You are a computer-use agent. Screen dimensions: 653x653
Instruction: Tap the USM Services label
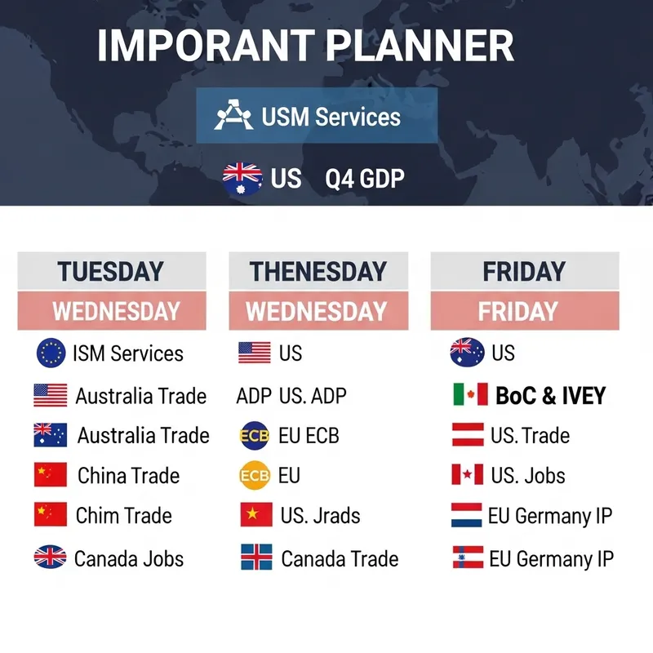click(331, 116)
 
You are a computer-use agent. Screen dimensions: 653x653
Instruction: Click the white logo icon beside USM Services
click(233, 116)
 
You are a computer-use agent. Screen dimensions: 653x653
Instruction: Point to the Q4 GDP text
click(364, 178)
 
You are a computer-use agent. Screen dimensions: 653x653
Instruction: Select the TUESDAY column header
click(110, 272)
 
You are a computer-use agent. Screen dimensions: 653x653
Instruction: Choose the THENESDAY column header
click(317, 272)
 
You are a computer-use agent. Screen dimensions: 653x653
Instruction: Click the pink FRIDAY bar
click(518, 311)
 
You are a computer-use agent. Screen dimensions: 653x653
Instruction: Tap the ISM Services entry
click(128, 353)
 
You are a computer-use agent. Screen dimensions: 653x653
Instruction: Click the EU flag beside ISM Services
click(51, 353)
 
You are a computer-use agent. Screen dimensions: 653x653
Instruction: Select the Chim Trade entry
click(124, 516)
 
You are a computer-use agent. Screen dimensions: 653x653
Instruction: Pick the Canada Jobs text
click(129, 559)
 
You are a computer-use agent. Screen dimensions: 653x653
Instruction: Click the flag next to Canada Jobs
click(51, 558)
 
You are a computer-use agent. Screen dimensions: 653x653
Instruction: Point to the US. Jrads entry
click(320, 516)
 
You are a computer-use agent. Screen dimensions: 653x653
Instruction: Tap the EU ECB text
click(308, 435)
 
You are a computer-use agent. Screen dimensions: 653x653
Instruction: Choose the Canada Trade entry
click(340, 559)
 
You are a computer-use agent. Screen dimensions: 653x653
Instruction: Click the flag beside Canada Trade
click(256, 558)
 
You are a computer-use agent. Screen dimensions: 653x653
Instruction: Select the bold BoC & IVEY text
click(550, 396)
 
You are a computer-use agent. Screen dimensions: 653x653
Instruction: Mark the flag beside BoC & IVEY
click(470, 395)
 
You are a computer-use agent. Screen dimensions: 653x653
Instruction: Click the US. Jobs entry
click(528, 475)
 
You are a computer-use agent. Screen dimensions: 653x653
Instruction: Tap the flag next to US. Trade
click(468, 435)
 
